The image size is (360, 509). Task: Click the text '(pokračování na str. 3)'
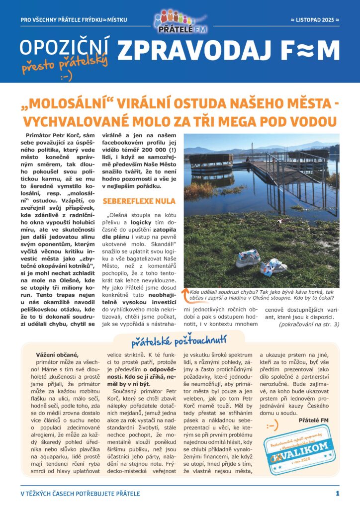(308, 324)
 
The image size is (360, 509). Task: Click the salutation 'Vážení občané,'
(58, 354)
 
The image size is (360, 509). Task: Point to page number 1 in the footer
(337, 494)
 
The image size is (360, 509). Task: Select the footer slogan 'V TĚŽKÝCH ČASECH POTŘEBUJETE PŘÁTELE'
(80, 494)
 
